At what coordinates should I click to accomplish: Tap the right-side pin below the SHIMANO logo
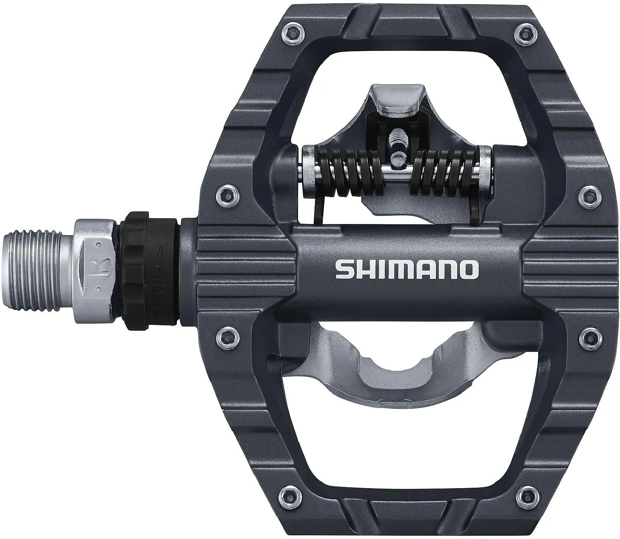click(x=587, y=335)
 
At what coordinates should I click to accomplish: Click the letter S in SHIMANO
click(x=343, y=269)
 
